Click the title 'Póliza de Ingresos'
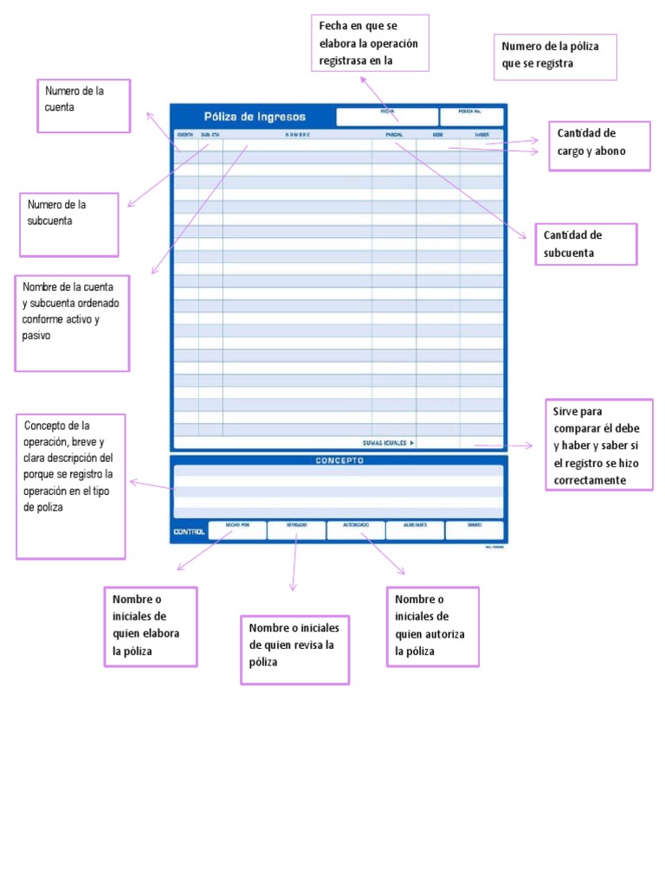click(x=255, y=117)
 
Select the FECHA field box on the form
click(x=387, y=117)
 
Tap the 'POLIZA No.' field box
click(x=471, y=117)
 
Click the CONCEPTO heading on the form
click(x=339, y=460)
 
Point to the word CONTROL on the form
click(x=189, y=531)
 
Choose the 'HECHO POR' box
click(x=237, y=530)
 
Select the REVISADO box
click(x=296, y=530)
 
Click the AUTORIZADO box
click(x=356, y=530)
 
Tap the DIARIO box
click(x=475, y=530)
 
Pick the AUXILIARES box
click(x=415, y=530)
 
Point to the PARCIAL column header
click(x=394, y=135)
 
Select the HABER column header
click(x=481, y=135)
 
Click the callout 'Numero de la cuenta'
click(x=84, y=106)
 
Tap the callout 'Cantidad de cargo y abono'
click(x=598, y=146)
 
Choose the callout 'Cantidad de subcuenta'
click(x=586, y=244)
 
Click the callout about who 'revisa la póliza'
click(x=294, y=649)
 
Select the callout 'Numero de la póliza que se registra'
click(x=555, y=57)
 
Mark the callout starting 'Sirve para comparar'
click(x=598, y=445)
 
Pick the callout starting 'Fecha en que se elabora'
click(x=370, y=42)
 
